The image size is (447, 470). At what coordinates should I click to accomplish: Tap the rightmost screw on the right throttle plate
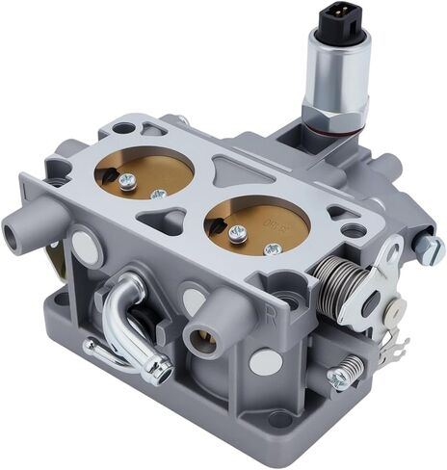click(x=273, y=248)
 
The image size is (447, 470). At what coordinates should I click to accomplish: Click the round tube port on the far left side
click(x=18, y=231)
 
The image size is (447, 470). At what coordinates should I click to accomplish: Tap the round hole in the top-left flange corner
click(x=123, y=127)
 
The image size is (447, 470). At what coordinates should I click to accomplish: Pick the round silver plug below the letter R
click(x=264, y=361)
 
